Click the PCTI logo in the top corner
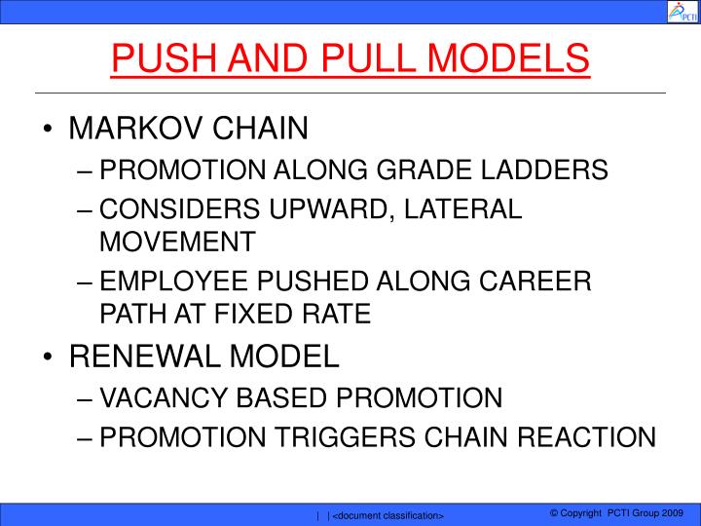679,12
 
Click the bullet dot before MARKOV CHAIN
50,129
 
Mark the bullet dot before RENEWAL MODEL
50,357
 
